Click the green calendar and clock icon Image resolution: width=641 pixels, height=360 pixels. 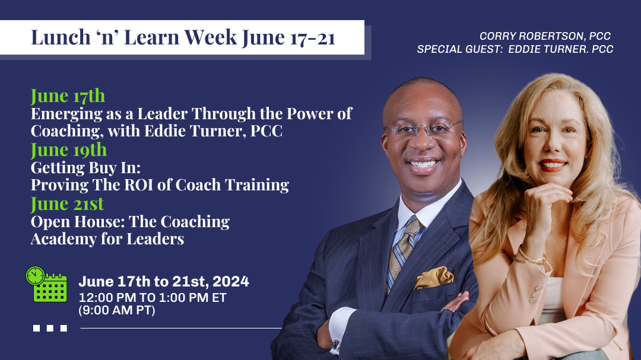(47, 285)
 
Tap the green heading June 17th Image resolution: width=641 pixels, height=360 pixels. (68, 96)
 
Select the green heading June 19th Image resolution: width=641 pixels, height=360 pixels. (69, 150)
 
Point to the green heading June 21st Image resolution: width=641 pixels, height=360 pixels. (68, 204)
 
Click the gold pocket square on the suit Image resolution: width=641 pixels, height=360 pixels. (434, 278)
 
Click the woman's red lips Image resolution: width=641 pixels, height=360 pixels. (553, 165)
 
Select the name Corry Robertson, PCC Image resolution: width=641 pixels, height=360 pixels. (545, 36)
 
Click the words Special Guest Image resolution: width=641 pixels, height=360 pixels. (459, 49)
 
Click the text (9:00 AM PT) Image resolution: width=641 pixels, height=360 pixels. (117, 310)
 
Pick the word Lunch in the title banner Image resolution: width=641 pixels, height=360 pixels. (61, 37)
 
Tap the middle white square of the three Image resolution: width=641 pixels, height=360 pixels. (50, 328)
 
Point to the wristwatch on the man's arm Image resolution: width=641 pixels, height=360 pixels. (335, 345)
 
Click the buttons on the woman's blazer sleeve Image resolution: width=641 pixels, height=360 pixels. (535, 294)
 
